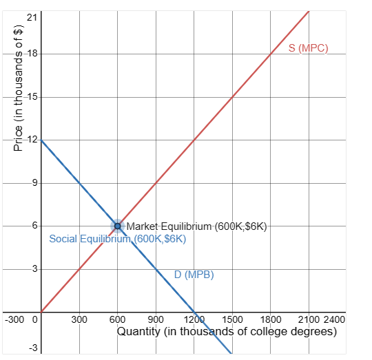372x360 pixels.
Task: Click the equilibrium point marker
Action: pyautogui.click(x=117, y=226)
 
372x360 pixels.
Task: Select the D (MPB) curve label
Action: pyautogui.click(x=194, y=275)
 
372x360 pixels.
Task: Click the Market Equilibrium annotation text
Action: pyautogui.click(x=196, y=226)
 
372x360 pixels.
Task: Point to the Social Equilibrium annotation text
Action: pyautogui.click(x=118, y=239)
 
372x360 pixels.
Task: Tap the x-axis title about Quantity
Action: pyautogui.click(x=227, y=332)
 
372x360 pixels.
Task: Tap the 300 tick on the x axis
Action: pyautogui.click(x=79, y=319)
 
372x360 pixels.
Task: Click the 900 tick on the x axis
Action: pyautogui.click(x=156, y=319)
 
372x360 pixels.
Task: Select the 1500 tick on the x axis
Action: pyautogui.click(x=232, y=319)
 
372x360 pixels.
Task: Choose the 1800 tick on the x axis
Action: pyautogui.click(x=271, y=319)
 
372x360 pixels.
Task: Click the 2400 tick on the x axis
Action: pyautogui.click(x=334, y=319)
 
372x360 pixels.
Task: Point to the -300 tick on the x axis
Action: pyautogui.click(x=15, y=319)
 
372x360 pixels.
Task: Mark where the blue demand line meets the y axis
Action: pyautogui.click(x=41, y=140)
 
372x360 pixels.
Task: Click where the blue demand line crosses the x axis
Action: pyautogui.click(x=194, y=311)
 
